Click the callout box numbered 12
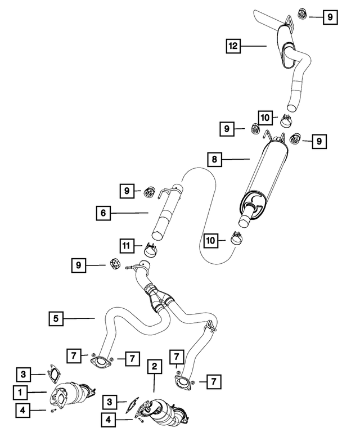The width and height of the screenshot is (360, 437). (x=233, y=46)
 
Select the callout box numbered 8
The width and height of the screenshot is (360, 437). (x=214, y=159)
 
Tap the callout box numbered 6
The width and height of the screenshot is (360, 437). (x=103, y=213)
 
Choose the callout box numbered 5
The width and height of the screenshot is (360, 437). (x=56, y=318)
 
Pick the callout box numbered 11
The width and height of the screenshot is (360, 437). (x=127, y=246)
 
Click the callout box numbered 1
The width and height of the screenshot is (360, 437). (x=20, y=393)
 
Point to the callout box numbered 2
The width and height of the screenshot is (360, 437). (x=154, y=367)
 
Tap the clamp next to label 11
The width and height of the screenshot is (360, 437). (x=150, y=249)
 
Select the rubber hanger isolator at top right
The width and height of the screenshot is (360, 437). (x=302, y=14)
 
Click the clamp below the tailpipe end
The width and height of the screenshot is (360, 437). (x=285, y=121)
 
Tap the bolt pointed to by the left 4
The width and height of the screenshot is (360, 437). (x=53, y=411)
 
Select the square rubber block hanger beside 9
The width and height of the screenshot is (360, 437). (x=114, y=264)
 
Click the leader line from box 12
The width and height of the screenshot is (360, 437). (x=254, y=46)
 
